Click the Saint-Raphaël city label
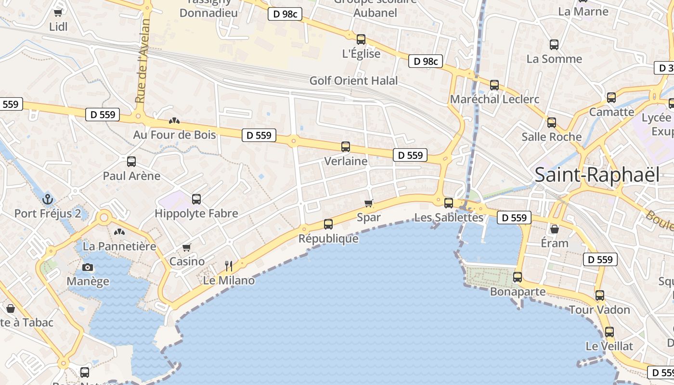pyautogui.click(x=597, y=175)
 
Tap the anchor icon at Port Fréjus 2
pyautogui.click(x=47, y=199)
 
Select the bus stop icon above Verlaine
pyautogui.click(x=345, y=147)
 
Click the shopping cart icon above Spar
pyautogui.click(x=369, y=203)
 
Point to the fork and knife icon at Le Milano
pyautogui.click(x=229, y=266)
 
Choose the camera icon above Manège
pyautogui.click(x=87, y=268)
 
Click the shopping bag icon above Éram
pyautogui.click(x=555, y=229)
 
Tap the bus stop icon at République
pyautogui.click(x=328, y=224)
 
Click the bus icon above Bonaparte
pyautogui.click(x=518, y=277)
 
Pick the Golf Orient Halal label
pyautogui.click(x=353, y=80)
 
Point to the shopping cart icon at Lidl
pyautogui.click(x=58, y=13)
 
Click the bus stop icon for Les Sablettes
pyautogui.click(x=449, y=203)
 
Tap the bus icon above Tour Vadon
pyautogui.click(x=599, y=295)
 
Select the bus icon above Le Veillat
pyautogui.click(x=609, y=332)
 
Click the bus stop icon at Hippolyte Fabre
pyautogui.click(x=196, y=199)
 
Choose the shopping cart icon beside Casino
pyautogui.click(x=187, y=247)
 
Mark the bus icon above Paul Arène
pyautogui.click(x=131, y=162)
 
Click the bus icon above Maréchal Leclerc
pyautogui.click(x=494, y=85)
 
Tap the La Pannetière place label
pyautogui.click(x=119, y=246)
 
